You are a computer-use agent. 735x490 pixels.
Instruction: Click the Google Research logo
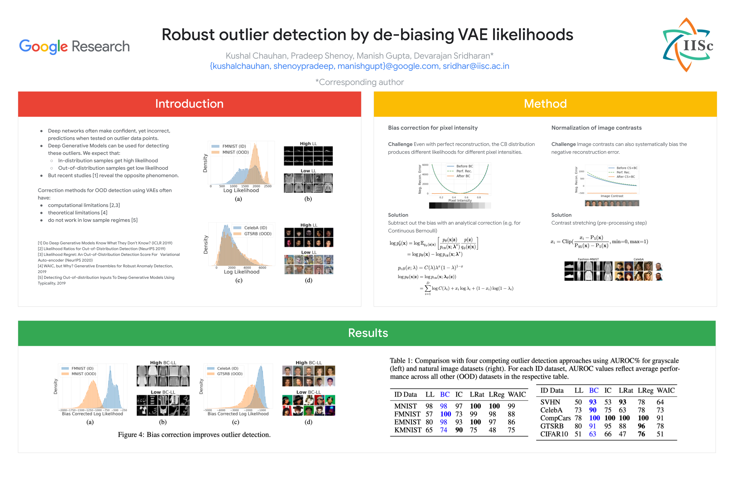[74, 46]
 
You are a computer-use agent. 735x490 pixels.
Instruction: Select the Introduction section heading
[189, 104]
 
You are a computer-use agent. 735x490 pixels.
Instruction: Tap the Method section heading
[545, 104]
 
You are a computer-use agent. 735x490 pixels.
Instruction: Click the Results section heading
[368, 333]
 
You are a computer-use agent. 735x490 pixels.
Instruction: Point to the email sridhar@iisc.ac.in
[476, 66]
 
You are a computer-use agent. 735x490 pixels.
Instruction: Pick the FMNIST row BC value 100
[445, 414]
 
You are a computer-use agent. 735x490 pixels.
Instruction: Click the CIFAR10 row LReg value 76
[641, 434]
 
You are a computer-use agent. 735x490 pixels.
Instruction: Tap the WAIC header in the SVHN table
[665, 390]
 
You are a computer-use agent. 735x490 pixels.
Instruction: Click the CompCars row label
[555, 418]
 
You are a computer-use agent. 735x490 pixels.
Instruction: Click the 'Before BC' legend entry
[464, 166]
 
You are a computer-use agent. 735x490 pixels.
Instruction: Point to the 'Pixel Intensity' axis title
[460, 201]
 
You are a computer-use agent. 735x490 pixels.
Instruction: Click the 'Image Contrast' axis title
[611, 196]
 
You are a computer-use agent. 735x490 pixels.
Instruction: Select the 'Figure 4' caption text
[194, 435]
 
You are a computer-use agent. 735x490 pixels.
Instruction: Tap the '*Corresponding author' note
[359, 82]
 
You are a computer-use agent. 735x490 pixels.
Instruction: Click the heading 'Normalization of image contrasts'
[596, 128]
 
